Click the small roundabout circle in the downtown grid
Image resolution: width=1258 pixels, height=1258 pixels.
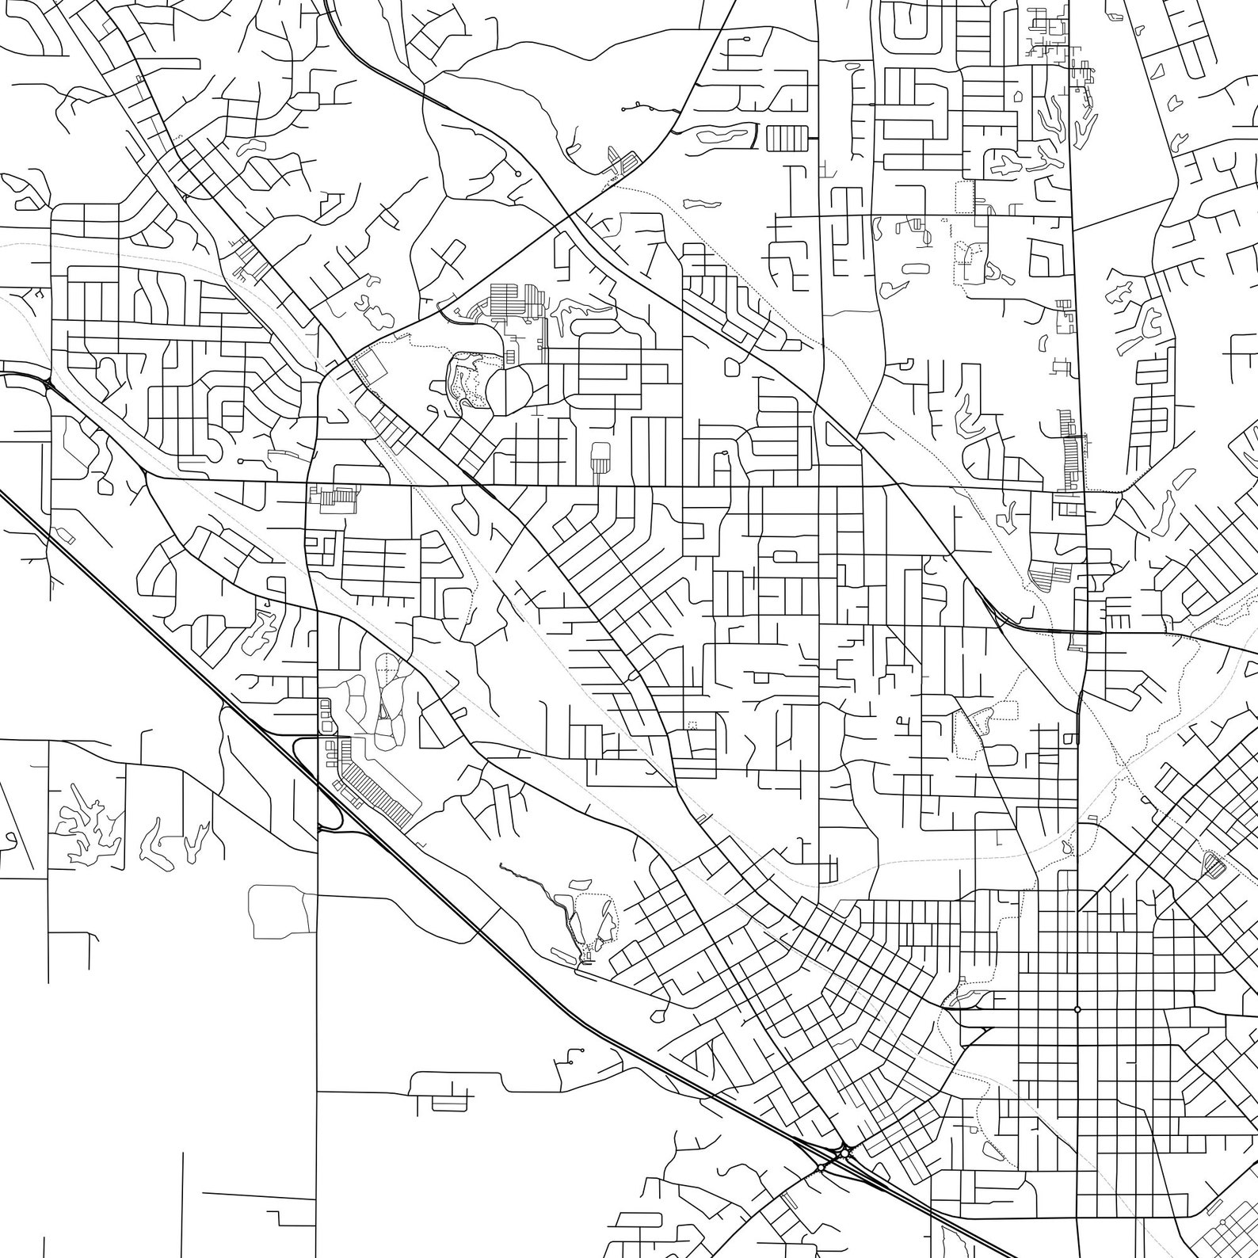(x=1077, y=1009)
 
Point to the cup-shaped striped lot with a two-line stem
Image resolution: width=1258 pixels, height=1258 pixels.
(x=601, y=458)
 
